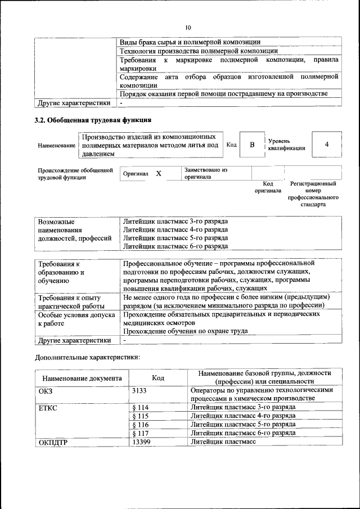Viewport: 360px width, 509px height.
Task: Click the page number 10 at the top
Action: coord(188,28)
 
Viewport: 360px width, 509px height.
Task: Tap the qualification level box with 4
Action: coord(326,145)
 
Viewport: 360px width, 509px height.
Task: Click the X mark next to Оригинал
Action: coord(159,174)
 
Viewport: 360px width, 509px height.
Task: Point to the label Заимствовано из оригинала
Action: coord(206,173)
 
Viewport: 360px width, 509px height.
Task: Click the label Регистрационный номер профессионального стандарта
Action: coord(313,194)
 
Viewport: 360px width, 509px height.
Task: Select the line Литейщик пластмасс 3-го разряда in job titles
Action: coord(175,221)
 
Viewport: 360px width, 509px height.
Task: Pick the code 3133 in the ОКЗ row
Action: coord(140,390)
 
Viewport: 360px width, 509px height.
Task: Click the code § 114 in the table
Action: coord(140,407)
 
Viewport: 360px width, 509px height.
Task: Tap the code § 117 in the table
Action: coord(140,433)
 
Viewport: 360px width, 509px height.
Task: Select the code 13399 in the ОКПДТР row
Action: coord(142,442)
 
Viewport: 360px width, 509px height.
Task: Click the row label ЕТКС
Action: coord(48,407)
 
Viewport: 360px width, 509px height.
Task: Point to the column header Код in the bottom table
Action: coord(158,378)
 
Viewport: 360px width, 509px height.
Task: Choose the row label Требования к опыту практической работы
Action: coord(69,301)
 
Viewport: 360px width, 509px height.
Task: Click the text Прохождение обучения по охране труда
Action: coord(185,331)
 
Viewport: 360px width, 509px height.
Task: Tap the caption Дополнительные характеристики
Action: coord(87,357)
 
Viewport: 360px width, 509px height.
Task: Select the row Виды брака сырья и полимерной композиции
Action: coord(190,41)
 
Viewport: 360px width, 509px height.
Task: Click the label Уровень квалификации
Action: coord(286,145)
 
